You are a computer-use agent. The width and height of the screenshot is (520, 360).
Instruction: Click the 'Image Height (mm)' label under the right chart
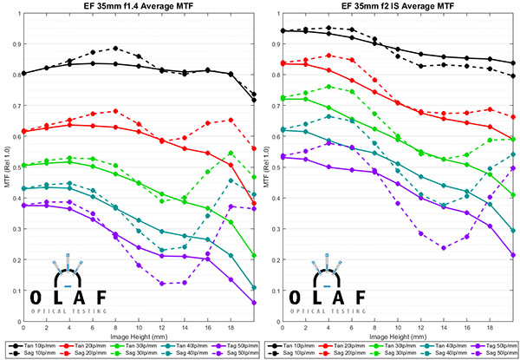[x=398, y=334]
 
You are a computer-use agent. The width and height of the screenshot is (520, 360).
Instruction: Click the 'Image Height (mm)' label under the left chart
[x=139, y=334]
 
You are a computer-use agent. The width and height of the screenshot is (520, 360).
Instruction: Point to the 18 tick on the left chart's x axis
[x=231, y=326]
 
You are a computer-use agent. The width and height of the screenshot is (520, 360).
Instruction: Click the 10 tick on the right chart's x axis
[x=398, y=326]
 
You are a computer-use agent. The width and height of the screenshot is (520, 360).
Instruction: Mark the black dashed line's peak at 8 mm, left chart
[x=115, y=48]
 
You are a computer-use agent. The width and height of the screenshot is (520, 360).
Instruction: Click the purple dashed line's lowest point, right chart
[x=445, y=248]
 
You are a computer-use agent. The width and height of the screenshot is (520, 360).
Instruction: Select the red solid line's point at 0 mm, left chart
[x=23, y=132]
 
